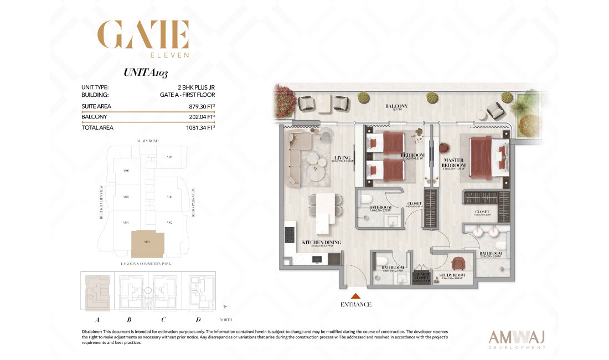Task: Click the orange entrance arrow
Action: coord(355,296)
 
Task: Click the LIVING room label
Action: coord(342,158)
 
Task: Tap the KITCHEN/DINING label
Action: coord(321,243)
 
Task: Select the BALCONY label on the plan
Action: coord(396,106)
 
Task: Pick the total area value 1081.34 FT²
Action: coord(200,127)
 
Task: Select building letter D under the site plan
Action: coord(198,320)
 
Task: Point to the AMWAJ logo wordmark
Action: coord(518,337)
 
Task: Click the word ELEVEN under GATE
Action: coord(170,55)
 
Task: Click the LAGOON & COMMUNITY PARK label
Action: coord(146,264)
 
